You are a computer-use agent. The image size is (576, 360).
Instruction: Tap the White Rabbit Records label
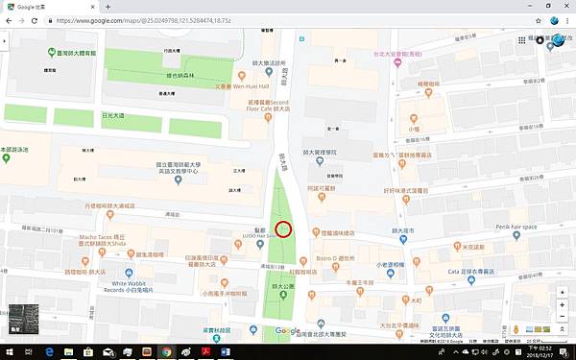pos(133,285)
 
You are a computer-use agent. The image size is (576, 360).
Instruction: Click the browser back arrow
pos(8,19)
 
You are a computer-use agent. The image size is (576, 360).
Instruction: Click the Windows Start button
pos(8,352)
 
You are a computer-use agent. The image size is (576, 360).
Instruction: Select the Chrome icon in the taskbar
pos(165,352)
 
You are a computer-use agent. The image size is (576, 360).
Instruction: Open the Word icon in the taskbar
pos(227,352)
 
